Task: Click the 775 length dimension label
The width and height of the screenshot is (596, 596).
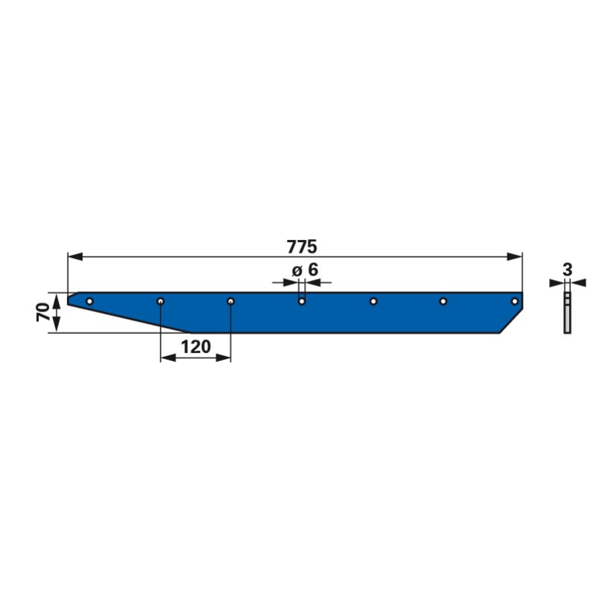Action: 302,247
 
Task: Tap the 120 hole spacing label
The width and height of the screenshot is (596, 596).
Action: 196,347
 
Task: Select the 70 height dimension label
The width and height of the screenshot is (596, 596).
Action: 43,312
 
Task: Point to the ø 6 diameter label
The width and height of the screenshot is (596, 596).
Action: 305,270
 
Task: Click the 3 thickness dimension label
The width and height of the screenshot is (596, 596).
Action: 567,270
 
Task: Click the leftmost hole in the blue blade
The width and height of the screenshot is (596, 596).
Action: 89,302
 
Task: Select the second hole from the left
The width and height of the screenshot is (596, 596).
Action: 161,302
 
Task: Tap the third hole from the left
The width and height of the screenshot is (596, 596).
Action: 231,302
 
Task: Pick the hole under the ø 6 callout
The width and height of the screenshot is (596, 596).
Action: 302,302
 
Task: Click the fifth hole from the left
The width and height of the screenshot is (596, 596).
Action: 373,302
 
